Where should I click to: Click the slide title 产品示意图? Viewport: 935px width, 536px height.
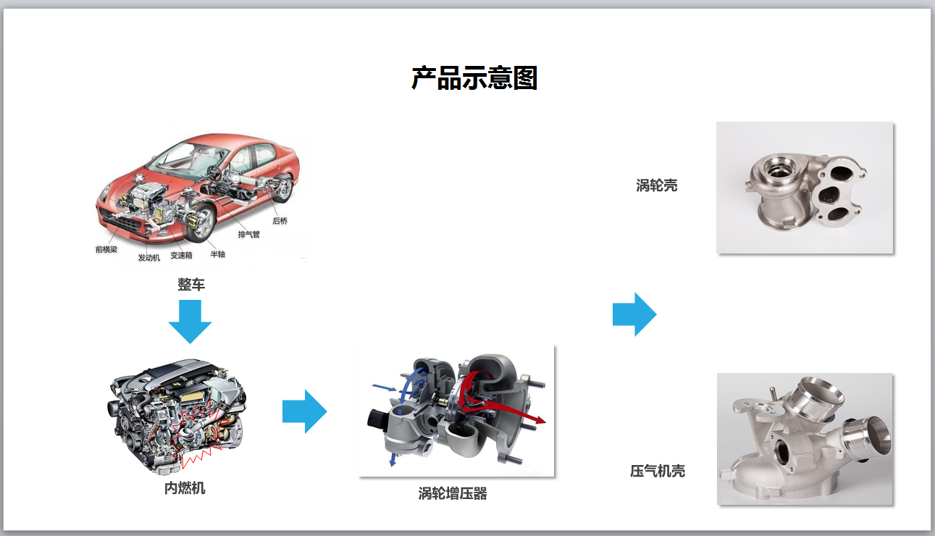coord(474,78)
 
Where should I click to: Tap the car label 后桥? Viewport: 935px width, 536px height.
coord(280,221)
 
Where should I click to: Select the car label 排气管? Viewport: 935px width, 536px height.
coord(248,235)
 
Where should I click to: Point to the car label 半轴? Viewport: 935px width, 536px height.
coord(217,254)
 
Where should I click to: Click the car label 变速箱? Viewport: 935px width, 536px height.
coord(181,256)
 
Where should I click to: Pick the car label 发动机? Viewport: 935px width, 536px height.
coord(148,258)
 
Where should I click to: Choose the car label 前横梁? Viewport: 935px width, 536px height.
coord(106,249)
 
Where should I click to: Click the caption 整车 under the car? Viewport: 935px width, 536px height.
coord(191,285)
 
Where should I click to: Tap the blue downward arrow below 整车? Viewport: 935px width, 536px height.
coord(190,321)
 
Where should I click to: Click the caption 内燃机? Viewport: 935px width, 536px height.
coord(185,488)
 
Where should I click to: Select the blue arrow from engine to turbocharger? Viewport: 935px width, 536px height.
coord(304,411)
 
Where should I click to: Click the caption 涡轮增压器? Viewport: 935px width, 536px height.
coord(453,494)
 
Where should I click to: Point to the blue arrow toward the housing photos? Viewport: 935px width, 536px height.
coord(634,314)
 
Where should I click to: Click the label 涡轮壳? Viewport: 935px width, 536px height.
coord(657,185)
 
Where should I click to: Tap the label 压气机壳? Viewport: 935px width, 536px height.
coord(658,472)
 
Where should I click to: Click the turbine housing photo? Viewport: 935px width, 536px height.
coord(805,188)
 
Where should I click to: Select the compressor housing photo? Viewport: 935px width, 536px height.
coord(805,439)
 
